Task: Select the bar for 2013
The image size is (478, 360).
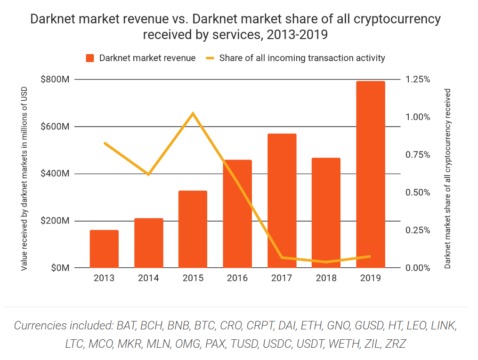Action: pos(103,248)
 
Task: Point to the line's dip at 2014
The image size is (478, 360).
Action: pos(148,174)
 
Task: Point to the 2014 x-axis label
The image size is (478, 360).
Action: pos(148,281)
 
